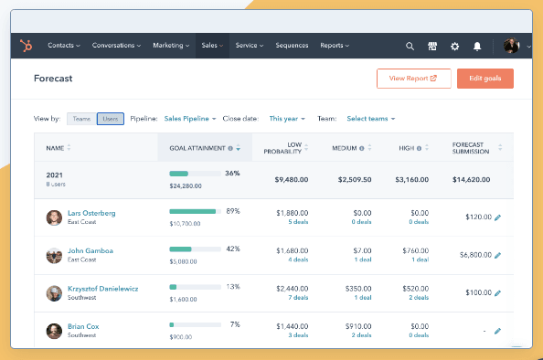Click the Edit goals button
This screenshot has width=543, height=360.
484,79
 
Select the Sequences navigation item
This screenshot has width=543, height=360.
292,45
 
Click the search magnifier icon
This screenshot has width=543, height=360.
410,46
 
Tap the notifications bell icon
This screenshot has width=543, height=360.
476,46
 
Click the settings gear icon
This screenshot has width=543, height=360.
454,46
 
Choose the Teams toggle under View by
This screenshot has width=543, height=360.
80,119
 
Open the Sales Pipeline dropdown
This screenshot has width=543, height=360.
190,119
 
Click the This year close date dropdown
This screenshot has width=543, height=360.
287,119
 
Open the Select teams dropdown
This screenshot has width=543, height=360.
370,119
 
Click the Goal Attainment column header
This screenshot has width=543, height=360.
200,147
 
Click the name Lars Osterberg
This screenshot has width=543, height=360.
91,213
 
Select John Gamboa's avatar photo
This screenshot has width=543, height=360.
54,255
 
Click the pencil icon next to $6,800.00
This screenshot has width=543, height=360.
498,256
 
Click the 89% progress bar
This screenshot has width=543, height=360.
193,211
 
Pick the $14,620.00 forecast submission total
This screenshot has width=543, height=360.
474,180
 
